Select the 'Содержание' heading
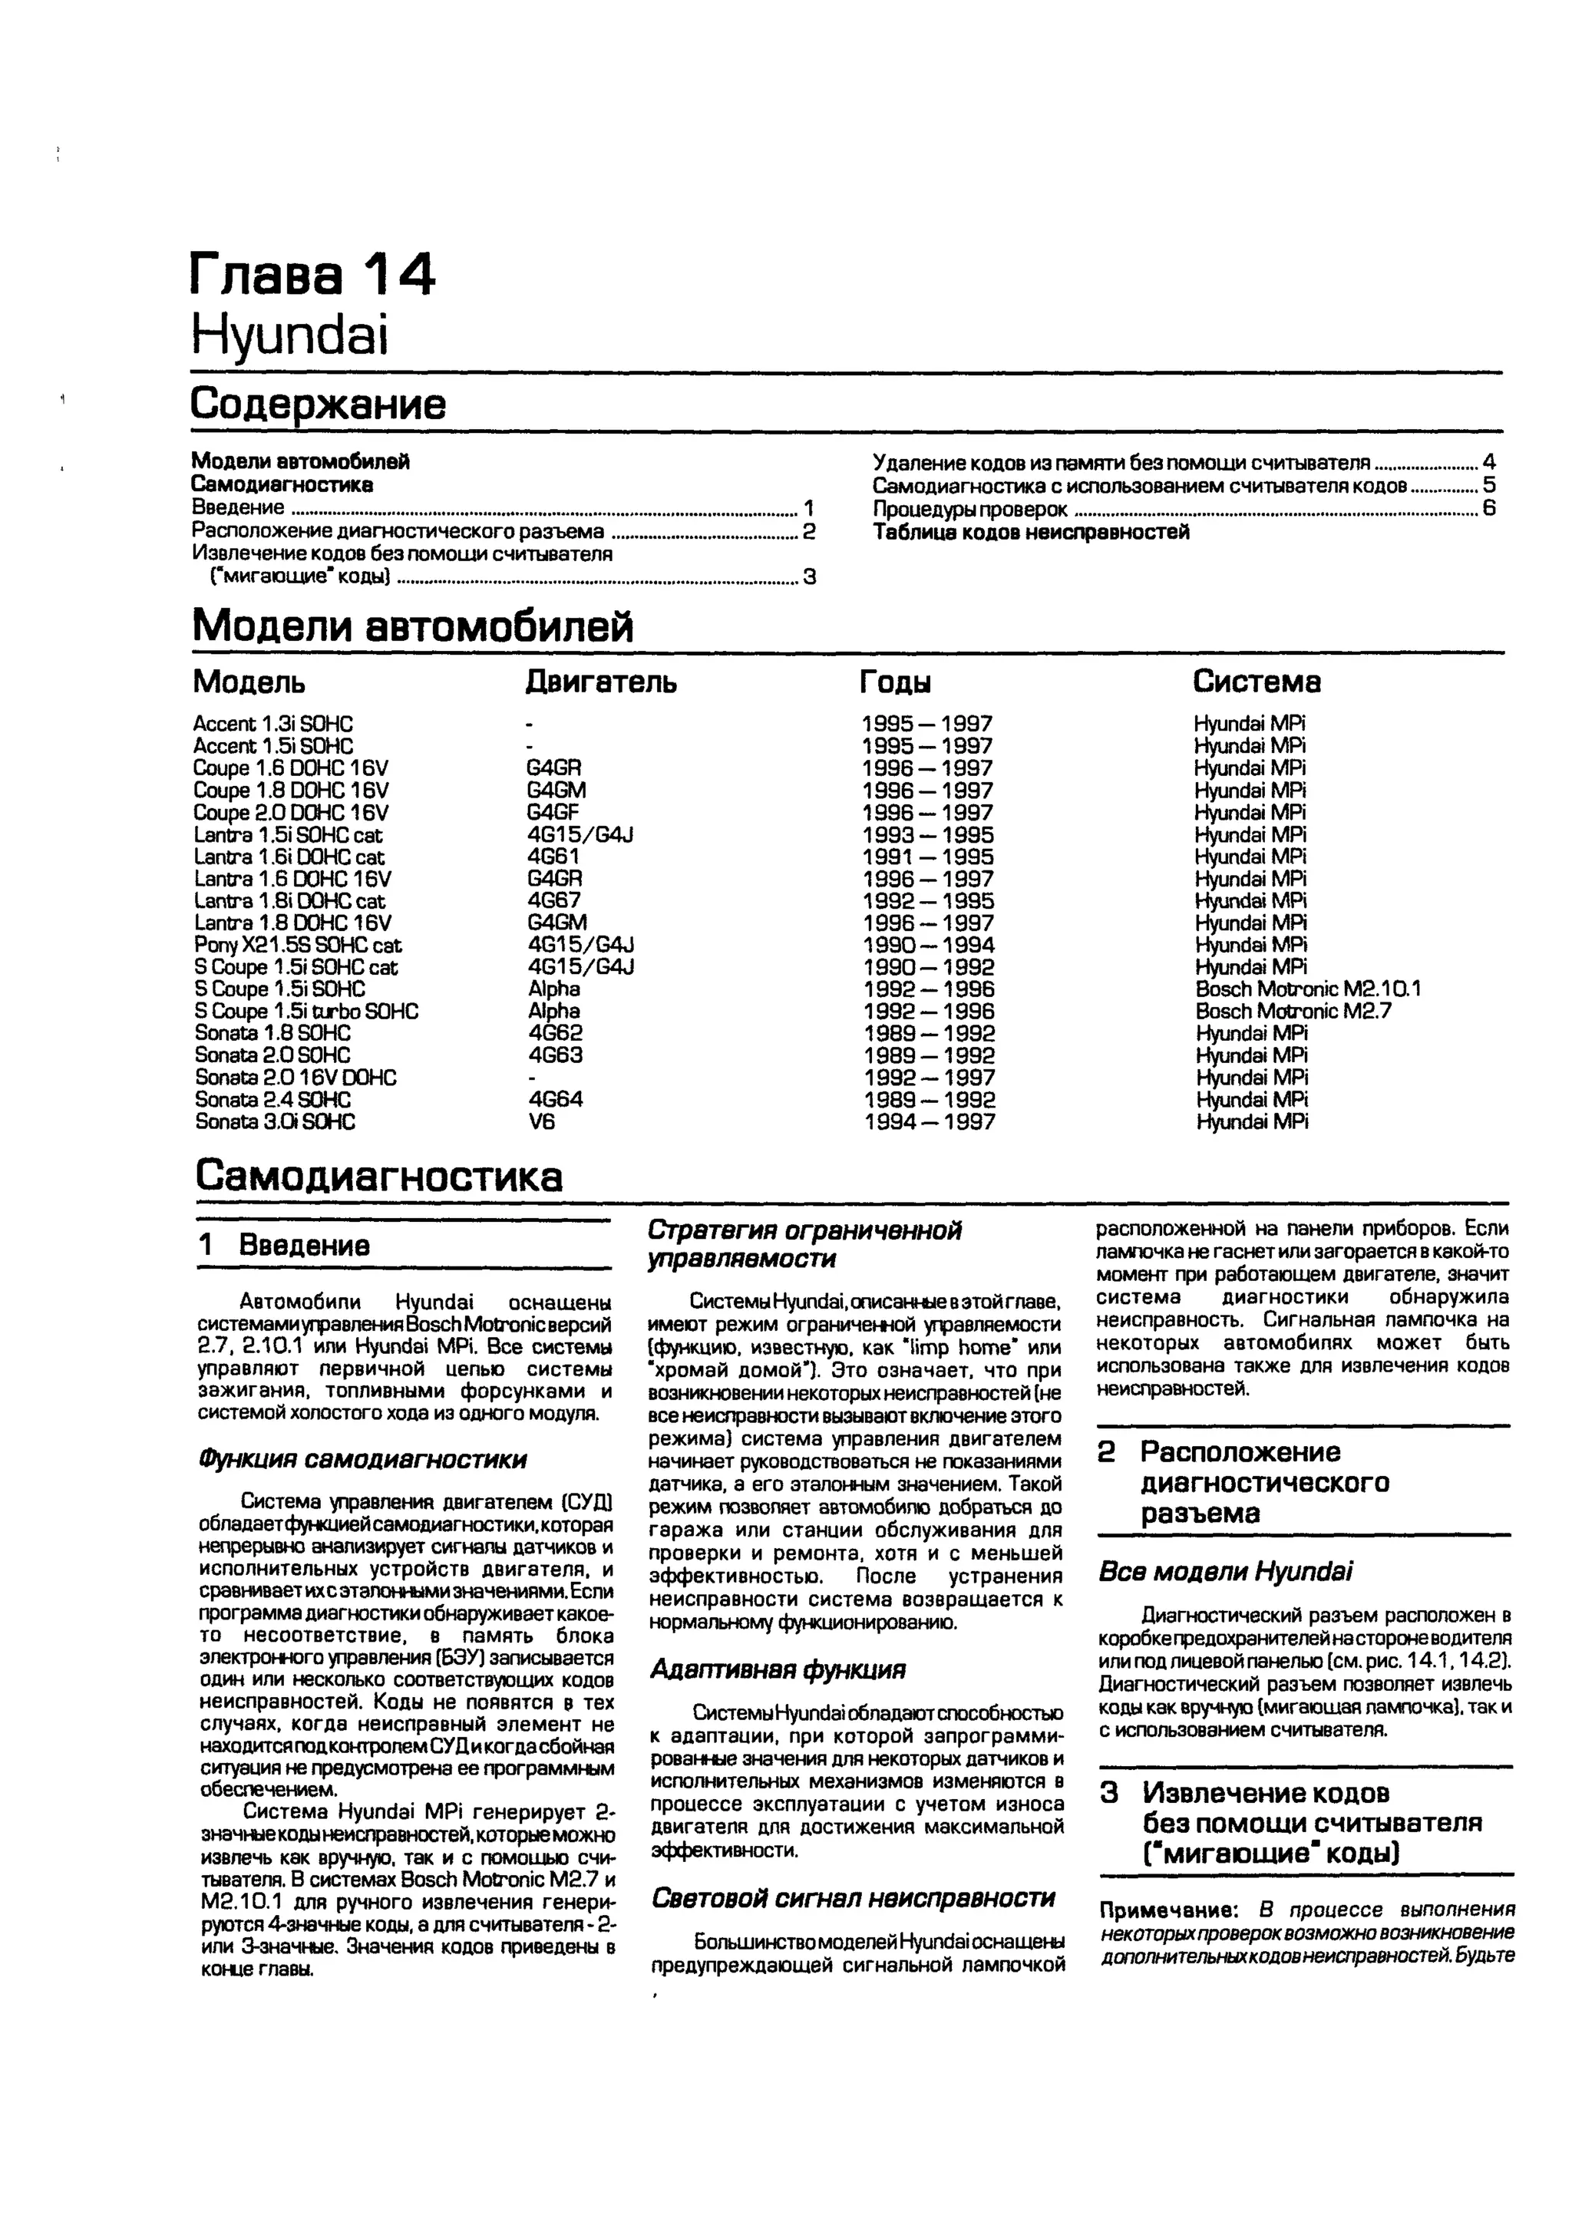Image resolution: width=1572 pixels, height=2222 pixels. click(x=319, y=404)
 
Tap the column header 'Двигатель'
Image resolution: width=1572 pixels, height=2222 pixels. click(x=600, y=682)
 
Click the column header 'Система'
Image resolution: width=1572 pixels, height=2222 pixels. click(x=1256, y=682)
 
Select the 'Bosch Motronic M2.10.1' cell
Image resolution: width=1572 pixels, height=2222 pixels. click(x=1306, y=989)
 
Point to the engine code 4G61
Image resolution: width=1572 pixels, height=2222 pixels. click(x=553, y=857)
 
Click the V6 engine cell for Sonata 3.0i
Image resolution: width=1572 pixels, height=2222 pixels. click(x=542, y=1121)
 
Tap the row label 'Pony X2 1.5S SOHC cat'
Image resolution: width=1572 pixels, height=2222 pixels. click(x=297, y=946)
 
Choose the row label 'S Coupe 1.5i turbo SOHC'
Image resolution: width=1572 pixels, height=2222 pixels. click(x=306, y=1012)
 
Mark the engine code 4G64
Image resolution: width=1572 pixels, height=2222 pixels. click(x=556, y=1099)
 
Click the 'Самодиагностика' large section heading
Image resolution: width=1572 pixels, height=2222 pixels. click(x=378, y=1177)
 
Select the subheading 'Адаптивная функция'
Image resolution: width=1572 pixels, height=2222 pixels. click(x=778, y=1669)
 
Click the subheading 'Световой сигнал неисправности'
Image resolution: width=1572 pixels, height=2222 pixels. click(x=853, y=1899)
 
